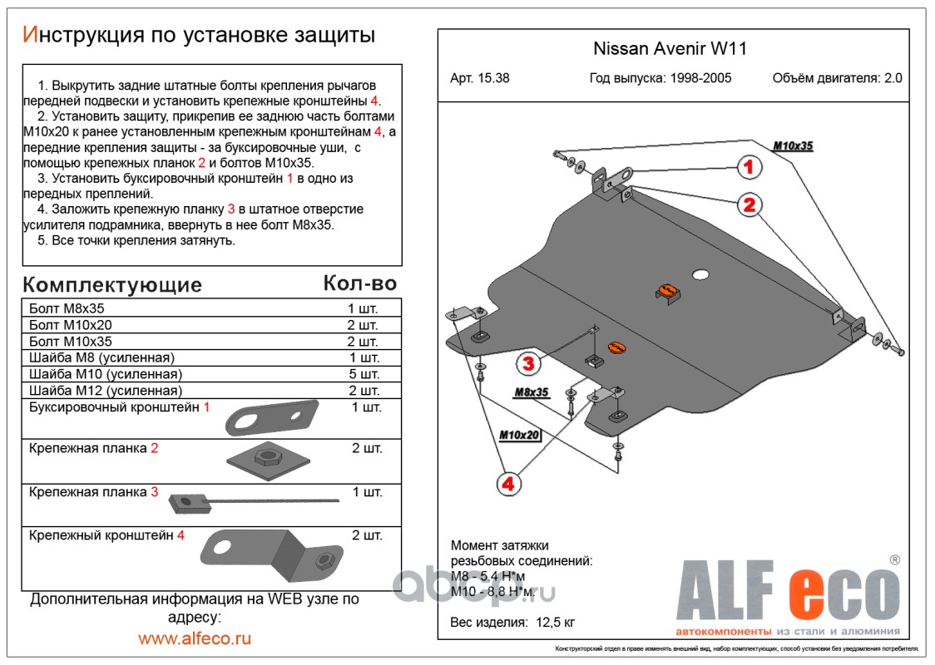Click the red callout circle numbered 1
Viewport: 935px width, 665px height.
pos(749,167)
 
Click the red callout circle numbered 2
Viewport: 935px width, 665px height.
pos(749,204)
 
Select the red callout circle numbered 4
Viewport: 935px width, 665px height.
pos(509,482)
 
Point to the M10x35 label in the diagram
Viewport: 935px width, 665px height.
pos(793,145)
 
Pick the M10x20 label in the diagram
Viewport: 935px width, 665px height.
pos(520,434)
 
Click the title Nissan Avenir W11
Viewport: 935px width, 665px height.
pos(670,48)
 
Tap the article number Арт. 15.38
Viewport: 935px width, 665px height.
pos(480,79)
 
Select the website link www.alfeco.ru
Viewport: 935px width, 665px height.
pos(195,638)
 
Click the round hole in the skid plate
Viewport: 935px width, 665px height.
pos(700,274)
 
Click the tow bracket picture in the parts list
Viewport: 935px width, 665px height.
pos(271,418)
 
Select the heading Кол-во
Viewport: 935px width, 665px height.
pos(359,283)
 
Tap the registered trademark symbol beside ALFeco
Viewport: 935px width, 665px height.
pos(894,560)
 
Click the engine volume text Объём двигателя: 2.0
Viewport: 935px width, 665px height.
pos(837,79)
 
